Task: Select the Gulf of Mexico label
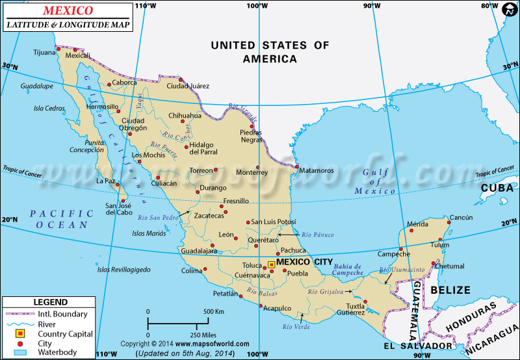tap(375, 181)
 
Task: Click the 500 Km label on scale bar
tap(214, 312)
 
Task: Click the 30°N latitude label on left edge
tap(9, 66)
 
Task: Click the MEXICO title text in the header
tap(68, 11)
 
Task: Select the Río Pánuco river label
tap(318, 235)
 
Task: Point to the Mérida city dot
tap(418, 231)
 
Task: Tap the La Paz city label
tap(106, 181)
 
